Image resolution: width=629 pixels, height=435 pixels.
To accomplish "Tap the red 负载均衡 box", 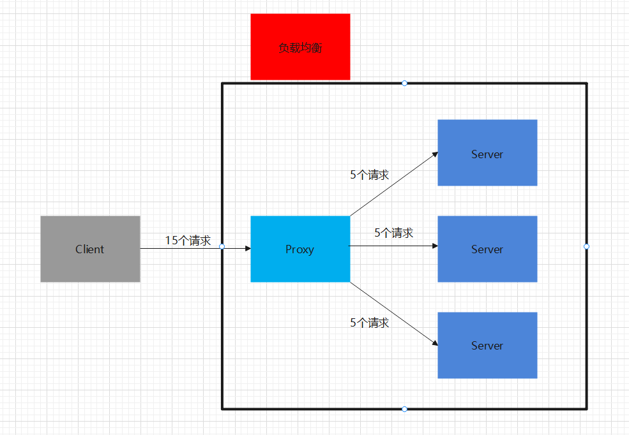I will [300, 47].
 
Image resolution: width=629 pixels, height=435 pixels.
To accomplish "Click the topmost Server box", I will [487, 152].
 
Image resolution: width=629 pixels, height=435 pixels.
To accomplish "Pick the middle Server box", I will [487, 249].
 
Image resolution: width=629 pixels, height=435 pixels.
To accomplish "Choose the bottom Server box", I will [487, 345].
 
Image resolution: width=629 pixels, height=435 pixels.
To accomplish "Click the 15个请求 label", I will [188, 240].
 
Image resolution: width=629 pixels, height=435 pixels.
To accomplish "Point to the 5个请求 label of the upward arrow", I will [369, 175].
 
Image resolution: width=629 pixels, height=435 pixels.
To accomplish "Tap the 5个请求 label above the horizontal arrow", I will [393, 233].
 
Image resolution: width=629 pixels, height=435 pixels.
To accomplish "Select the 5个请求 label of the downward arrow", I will [369, 323].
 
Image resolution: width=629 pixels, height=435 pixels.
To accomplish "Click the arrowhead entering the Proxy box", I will [247, 248].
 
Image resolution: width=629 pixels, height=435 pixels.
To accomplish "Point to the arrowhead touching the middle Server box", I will [435, 246].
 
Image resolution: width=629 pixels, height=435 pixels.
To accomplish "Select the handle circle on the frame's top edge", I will [404, 83].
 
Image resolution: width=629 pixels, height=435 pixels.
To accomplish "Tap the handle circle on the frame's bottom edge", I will [404, 409].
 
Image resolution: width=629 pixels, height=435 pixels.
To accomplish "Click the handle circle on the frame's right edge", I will [586, 246].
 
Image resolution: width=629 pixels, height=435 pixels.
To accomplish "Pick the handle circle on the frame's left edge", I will [222, 246].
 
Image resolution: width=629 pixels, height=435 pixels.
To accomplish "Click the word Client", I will [90, 249].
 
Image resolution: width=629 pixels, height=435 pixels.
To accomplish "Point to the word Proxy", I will [300, 249].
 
